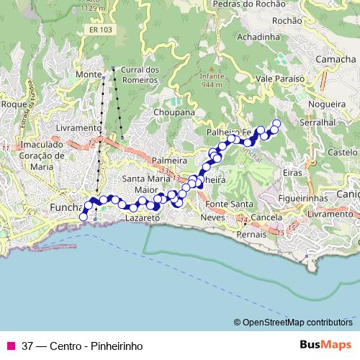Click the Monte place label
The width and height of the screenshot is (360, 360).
[x=88, y=75]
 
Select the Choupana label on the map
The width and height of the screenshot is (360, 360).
[x=174, y=113]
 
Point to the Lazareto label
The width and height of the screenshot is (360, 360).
[x=140, y=216]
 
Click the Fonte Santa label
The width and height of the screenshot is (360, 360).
[x=226, y=204]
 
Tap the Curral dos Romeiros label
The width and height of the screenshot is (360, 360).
[x=141, y=74]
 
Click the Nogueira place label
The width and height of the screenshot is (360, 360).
[x=324, y=104]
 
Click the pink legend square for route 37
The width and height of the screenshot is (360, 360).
[x=10, y=346]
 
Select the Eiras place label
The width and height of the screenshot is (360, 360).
[x=292, y=173]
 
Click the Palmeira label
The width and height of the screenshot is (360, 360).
[x=169, y=160]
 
